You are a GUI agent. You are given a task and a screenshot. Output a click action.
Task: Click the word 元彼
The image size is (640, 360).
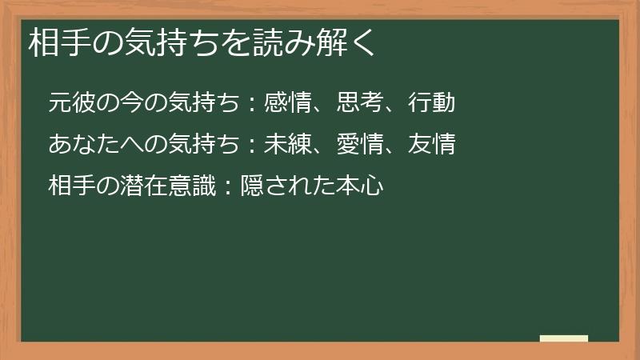tap(70, 103)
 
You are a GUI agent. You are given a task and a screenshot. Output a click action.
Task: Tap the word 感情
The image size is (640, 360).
tap(286, 103)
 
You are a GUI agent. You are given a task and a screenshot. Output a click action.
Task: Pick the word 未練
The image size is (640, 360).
tap(286, 145)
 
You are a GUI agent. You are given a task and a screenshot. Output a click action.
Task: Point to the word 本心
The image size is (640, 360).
tap(363, 186)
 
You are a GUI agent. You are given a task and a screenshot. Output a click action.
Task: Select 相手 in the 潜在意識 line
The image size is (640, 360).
tap(70, 186)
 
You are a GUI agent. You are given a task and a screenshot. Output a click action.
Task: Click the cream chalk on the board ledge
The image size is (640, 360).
tap(564, 339)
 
